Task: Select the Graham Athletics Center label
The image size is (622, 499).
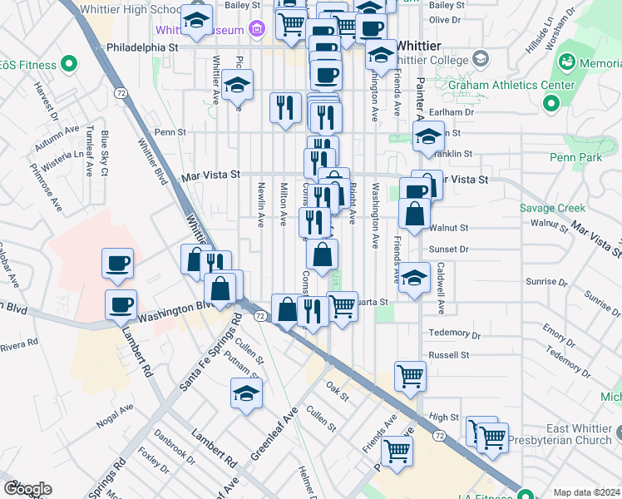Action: (x=511, y=85)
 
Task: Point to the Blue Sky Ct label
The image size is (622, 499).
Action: (x=105, y=153)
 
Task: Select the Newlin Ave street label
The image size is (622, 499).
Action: (x=261, y=205)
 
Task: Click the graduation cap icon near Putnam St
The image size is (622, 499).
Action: (x=246, y=393)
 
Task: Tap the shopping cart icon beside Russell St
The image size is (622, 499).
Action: (x=410, y=375)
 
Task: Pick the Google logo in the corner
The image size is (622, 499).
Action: (x=27, y=489)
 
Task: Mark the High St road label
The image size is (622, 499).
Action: (x=444, y=417)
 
